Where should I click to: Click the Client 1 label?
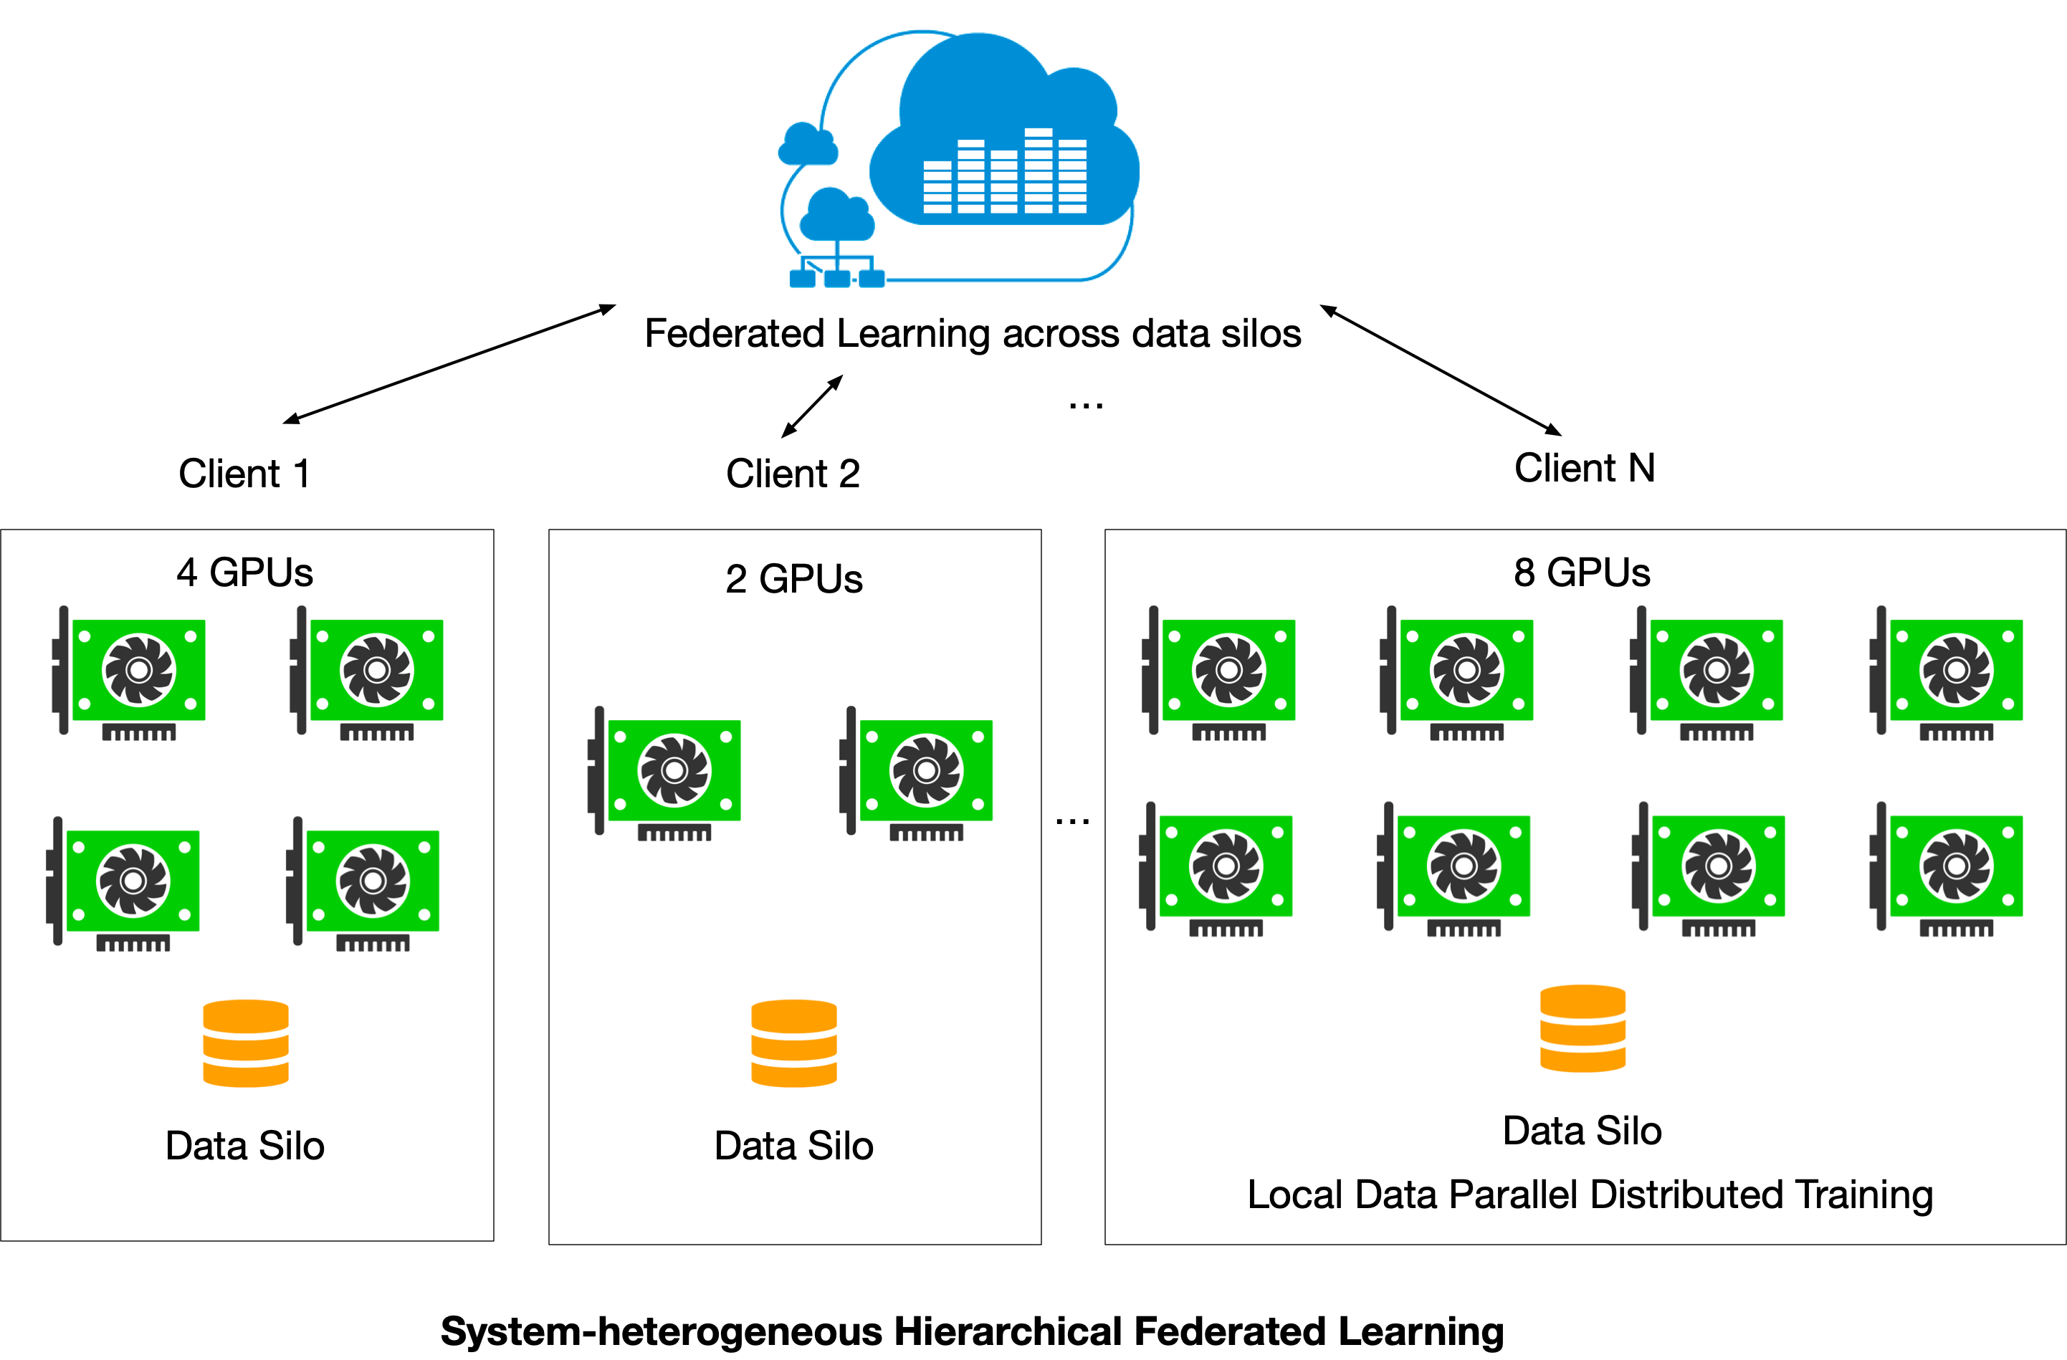point(244,474)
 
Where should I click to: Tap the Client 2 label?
point(793,474)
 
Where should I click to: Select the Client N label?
point(1584,468)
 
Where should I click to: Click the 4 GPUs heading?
point(244,573)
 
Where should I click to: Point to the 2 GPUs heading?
point(794,578)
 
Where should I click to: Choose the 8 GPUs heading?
point(1582,573)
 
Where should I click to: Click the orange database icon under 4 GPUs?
point(246,1043)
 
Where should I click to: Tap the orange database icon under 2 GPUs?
point(794,1043)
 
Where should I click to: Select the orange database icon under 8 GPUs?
point(1583,1028)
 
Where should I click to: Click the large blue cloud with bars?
point(1004,139)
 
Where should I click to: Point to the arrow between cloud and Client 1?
point(449,364)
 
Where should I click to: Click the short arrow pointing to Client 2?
point(812,406)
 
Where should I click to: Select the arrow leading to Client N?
point(1440,369)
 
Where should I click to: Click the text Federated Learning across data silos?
point(973,333)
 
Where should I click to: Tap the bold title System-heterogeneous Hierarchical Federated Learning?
point(972,1331)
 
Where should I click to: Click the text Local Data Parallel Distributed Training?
point(1590,1194)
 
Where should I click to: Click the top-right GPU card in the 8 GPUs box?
point(1947,671)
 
